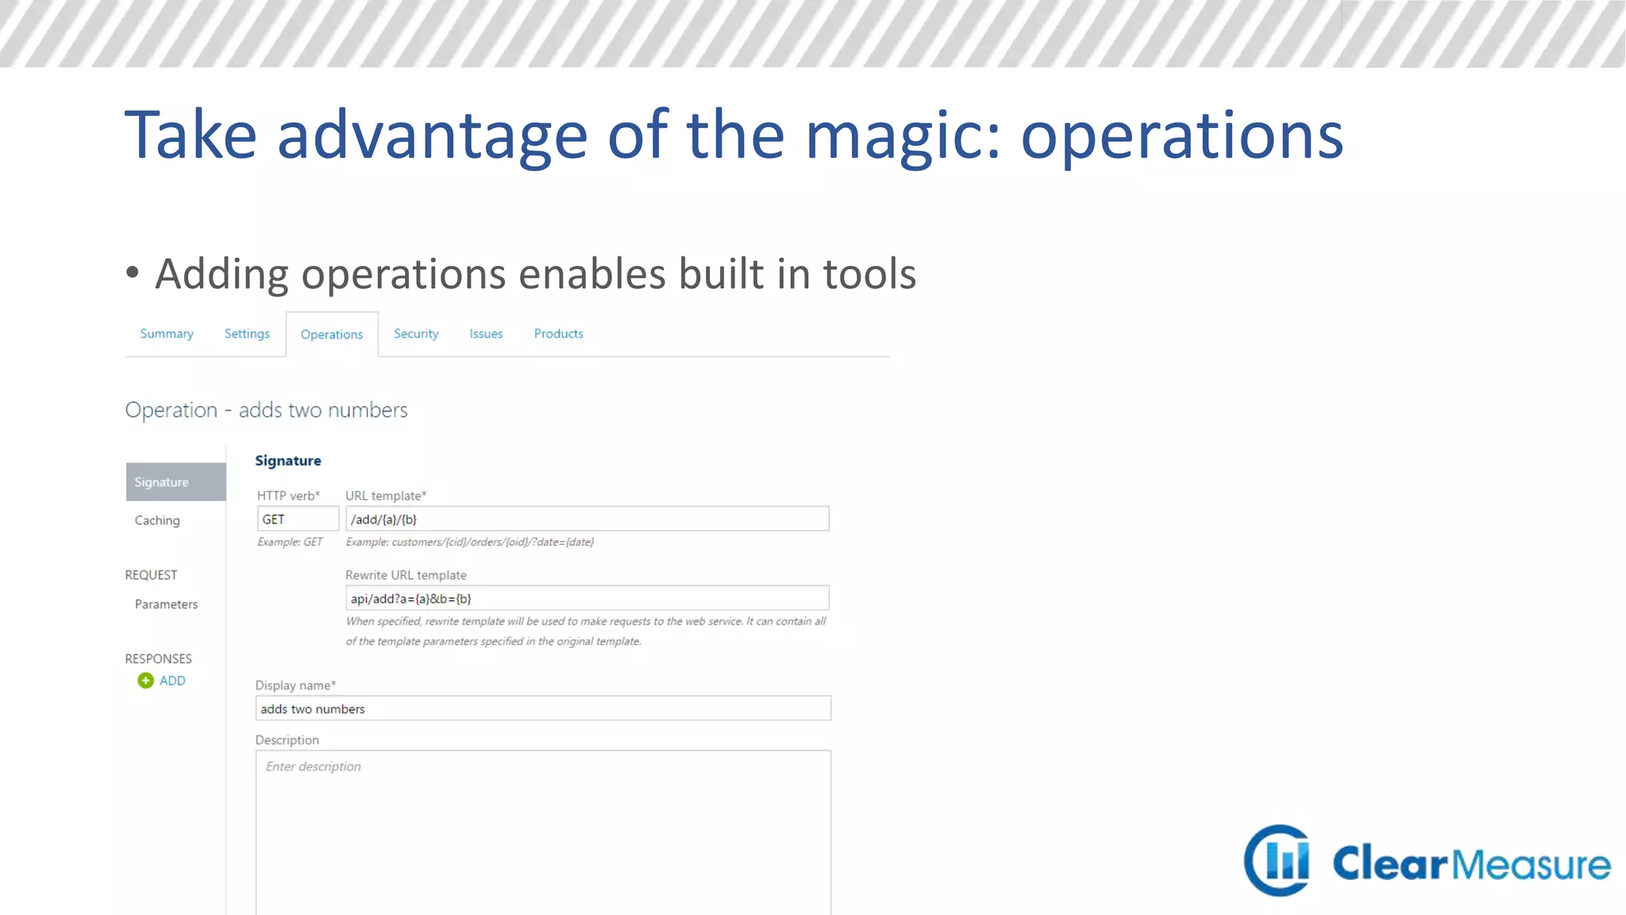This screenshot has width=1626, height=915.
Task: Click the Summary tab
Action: click(x=167, y=334)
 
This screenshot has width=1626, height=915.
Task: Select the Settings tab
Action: click(x=247, y=334)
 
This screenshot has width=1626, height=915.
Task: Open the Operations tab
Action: click(x=332, y=334)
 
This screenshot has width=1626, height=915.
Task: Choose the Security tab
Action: click(x=416, y=334)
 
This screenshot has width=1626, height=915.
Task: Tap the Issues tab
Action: click(x=486, y=334)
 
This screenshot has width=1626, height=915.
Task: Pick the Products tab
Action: click(x=558, y=334)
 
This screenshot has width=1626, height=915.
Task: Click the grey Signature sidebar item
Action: click(x=175, y=482)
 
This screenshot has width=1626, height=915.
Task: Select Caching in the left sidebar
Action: click(x=157, y=520)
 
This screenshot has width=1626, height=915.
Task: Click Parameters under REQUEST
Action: click(x=166, y=604)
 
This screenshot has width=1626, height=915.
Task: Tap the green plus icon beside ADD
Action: click(x=145, y=681)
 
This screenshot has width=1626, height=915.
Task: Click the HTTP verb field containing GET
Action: click(x=298, y=519)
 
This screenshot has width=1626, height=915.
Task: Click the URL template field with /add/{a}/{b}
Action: click(x=587, y=519)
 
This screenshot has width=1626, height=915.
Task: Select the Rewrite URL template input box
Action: click(x=587, y=598)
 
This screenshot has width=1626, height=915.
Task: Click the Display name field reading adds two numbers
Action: click(x=543, y=708)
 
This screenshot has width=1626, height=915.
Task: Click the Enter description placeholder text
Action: click(x=314, y=766)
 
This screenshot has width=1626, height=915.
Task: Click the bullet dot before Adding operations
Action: click(x=133, y=272)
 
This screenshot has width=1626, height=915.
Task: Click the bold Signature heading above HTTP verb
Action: click(x=288, y=461)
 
